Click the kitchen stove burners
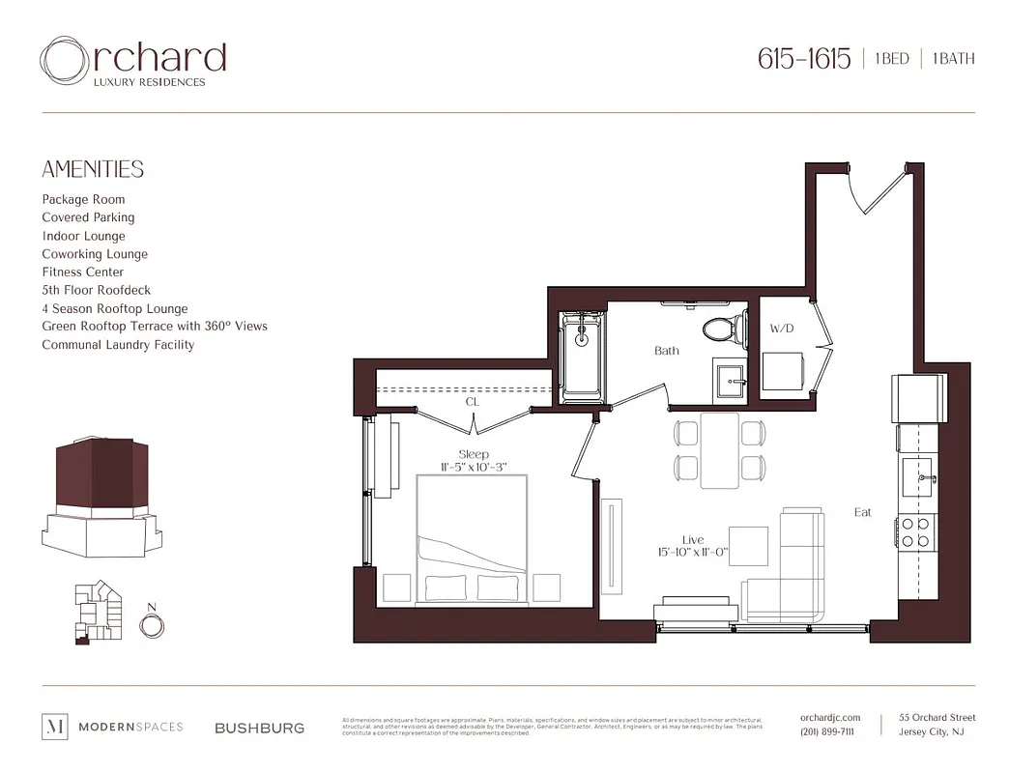point(916,532)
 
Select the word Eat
point(862,512)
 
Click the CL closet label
point(472,402)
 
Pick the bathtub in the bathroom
point(582,356)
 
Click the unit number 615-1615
point(804,59)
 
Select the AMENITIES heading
point(93,170)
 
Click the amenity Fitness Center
point(83,272)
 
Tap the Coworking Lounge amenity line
point(95,254)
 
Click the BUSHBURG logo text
point(259,728)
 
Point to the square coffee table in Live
point(748,546)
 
